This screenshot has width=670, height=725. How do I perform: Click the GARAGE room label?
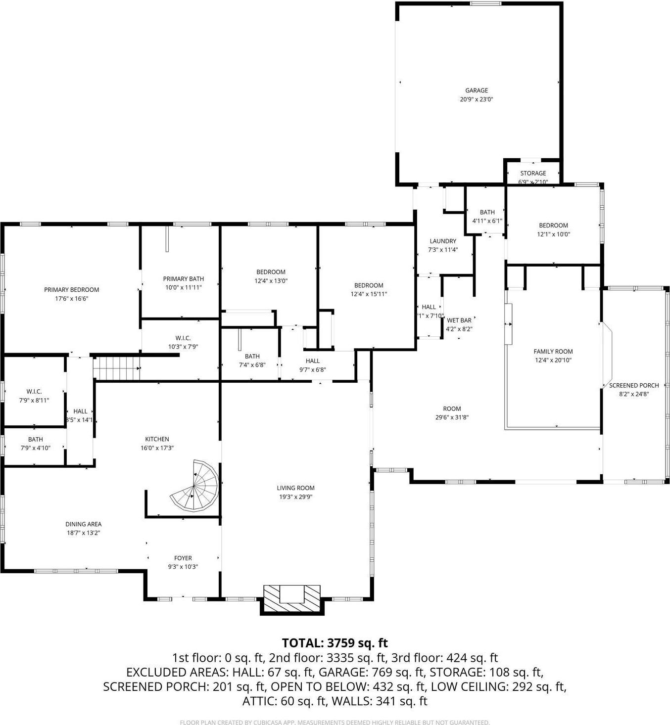click(476, 91)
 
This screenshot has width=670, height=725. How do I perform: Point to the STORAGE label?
click(533, 173)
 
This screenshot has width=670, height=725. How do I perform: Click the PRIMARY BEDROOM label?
click(71, 290)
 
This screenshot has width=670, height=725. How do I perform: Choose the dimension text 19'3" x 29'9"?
click(295, 497)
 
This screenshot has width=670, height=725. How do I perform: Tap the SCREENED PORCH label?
click(634, 385)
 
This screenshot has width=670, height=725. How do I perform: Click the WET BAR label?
click(459, 320)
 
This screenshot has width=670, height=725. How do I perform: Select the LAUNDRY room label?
click(443, 241)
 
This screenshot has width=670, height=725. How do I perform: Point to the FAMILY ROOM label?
click(553, 352)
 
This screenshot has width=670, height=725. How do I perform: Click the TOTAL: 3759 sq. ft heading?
click(335, 643)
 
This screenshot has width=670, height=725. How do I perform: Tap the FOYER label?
click(183, 558)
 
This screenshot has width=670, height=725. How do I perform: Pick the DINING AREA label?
click(83, 524)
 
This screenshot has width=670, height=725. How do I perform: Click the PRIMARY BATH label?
click(183, 279)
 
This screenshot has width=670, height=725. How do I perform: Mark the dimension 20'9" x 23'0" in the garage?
click(476, 99)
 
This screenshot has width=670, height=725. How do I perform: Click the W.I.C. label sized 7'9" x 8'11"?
click(34, 392)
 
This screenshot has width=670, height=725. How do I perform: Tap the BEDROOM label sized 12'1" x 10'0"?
click(553, 226)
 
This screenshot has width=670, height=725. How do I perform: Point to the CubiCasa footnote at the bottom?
click(335, 723)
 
